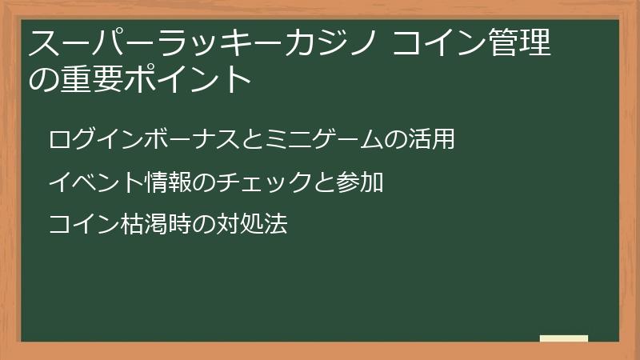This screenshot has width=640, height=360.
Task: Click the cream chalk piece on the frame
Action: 564,339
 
